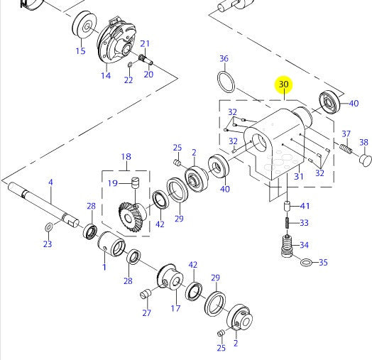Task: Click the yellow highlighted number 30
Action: pyautogui.click(x=284, y=85)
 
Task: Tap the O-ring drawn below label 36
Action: pyautogui.click(x=225, y=82)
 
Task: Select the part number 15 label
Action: pyautogui.click(x=80, y=51)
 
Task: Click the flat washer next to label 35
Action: pyautogui.click(x=305, y=263)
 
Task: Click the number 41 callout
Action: pyautogui.click(x=305, y=206)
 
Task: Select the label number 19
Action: pyautogui.click(x=112, y=183)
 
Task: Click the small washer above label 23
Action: pyautogui.click(x=48, y=227)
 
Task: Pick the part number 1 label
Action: pyautogui.click(x=104, y=267)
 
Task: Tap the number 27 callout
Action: pyautogui.click(x=146, y=312)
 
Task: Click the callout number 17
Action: pyautogui.click(x=175, y=308)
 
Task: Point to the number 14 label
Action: pyautogui.click(x=106, y=75)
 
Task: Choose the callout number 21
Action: pyautogui.click(x=145, y=43)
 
